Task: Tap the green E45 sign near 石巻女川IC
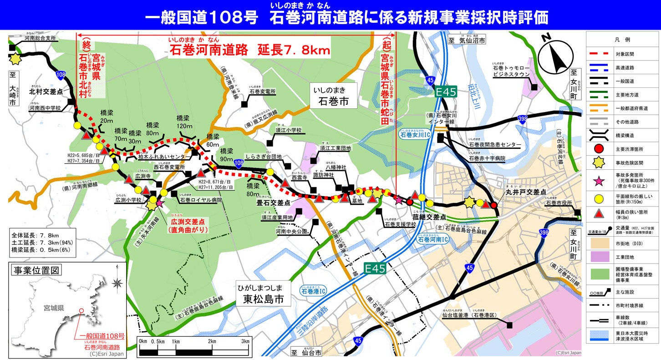pyautogui.click(x=445, y=92)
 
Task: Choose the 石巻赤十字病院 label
pyautogui.click(x=487, y=158)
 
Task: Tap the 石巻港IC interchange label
pyautogui.click(x=314, y=290)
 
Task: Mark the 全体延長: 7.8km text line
pyautogui.click(x=35, y=235)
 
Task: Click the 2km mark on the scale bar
pyautogui.click(x=212, y=341)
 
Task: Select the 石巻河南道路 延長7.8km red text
pyautogui.click(x=250, y=50)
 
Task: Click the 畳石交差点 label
pyautogui.click(x=274, y=203)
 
